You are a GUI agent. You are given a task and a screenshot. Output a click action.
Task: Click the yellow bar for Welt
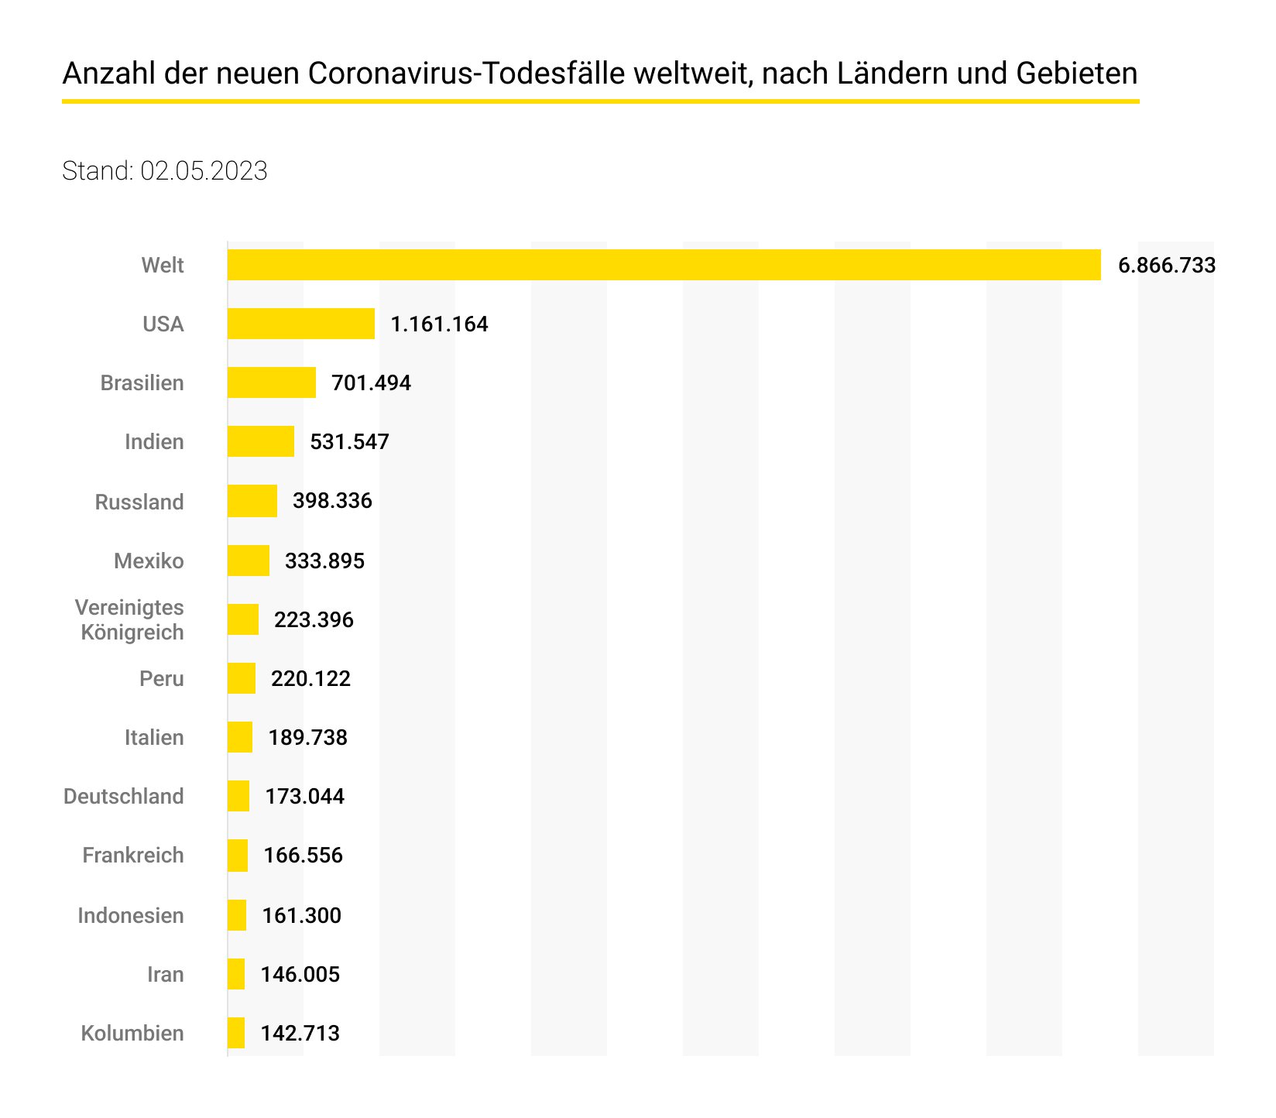click(x=664, y=265)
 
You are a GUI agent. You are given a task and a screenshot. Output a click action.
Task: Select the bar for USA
click(x=301, y=324)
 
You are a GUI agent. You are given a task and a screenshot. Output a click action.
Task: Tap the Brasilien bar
click(x=272, y=382)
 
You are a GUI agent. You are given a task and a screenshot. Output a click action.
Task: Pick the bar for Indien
click(x=261, y=441)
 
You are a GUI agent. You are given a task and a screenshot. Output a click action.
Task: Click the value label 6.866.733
click(x=1167, y=266)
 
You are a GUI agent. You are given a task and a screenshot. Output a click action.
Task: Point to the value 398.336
click(x=332, y=501)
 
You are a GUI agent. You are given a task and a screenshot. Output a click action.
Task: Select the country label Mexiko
click(x=149, y=561)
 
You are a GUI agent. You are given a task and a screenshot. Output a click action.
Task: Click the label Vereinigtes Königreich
click(x=132, y=619)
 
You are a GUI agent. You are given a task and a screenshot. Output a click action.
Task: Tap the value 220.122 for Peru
click(x=310, y=679)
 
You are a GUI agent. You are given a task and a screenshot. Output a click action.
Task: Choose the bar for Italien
click(x=240, y=737)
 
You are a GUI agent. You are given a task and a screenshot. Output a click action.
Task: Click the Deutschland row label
click(x=124, y=797)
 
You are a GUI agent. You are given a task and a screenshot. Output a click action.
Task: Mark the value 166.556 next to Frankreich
click(x=303, y=856)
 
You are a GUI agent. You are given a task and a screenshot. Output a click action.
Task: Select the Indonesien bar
click(x=237, y=915)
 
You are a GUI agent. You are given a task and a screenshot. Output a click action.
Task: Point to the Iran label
click(x=166, y=974)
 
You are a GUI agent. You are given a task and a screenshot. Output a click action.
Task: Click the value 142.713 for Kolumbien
click(x=300, y=1034)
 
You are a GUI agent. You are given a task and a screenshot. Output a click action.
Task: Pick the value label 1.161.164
click(x=439, y=324)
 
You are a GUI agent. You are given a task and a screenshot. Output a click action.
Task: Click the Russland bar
click(x=252, y=501)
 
